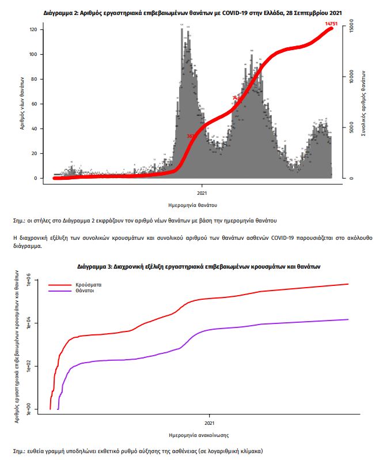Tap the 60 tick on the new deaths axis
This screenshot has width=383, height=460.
[34, 104]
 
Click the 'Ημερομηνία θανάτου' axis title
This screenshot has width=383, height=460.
[193, 205]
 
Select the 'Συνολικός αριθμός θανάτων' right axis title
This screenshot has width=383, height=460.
[364, 103]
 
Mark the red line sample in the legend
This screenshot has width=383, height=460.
[60, 285]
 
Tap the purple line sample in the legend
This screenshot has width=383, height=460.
[60, 291]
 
